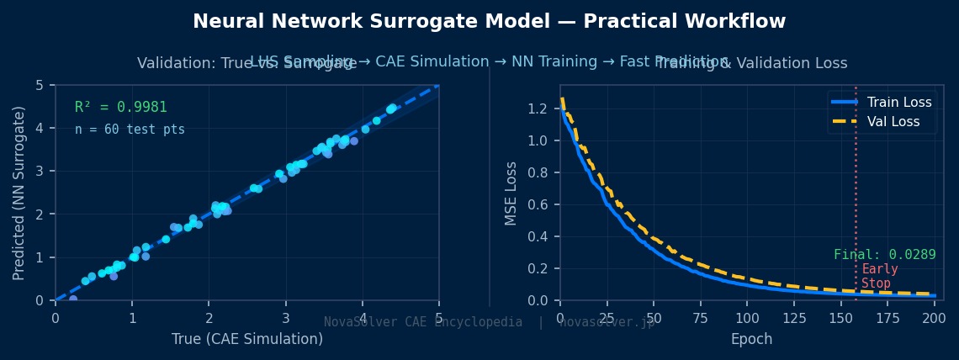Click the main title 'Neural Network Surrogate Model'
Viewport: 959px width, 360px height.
tap(489, 22)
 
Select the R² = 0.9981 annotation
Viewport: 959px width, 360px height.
tap(121, 108)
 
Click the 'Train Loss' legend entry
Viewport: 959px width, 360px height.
tap(899, 103)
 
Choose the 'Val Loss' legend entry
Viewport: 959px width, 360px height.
tap(895, 122)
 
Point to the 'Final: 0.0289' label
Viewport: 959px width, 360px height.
tap(884, 255)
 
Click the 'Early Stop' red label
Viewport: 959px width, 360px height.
tap(879, 276)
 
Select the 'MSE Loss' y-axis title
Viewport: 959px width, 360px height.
tap(511, 192)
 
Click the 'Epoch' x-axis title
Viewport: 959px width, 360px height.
tap(751, 339)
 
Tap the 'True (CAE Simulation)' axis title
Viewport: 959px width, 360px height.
tap(246, 339)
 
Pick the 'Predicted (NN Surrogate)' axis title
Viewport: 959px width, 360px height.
tap(19, 193)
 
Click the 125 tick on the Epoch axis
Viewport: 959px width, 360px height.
tap(785, 317)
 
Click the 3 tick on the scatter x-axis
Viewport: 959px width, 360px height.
tap(285, 317)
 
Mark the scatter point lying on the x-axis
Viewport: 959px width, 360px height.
tap(73, 299)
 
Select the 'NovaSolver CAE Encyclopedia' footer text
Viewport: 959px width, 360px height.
tap(423, 322)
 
